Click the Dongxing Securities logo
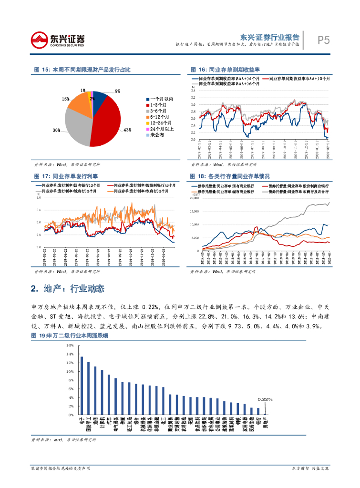coord(58,40)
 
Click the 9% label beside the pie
coord(117,91)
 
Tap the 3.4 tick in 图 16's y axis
coord(193,90)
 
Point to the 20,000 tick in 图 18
coord(194,198)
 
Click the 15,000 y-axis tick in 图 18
coord(194,211)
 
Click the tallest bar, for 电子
coord(82,386)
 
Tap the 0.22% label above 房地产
coord(265,399)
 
